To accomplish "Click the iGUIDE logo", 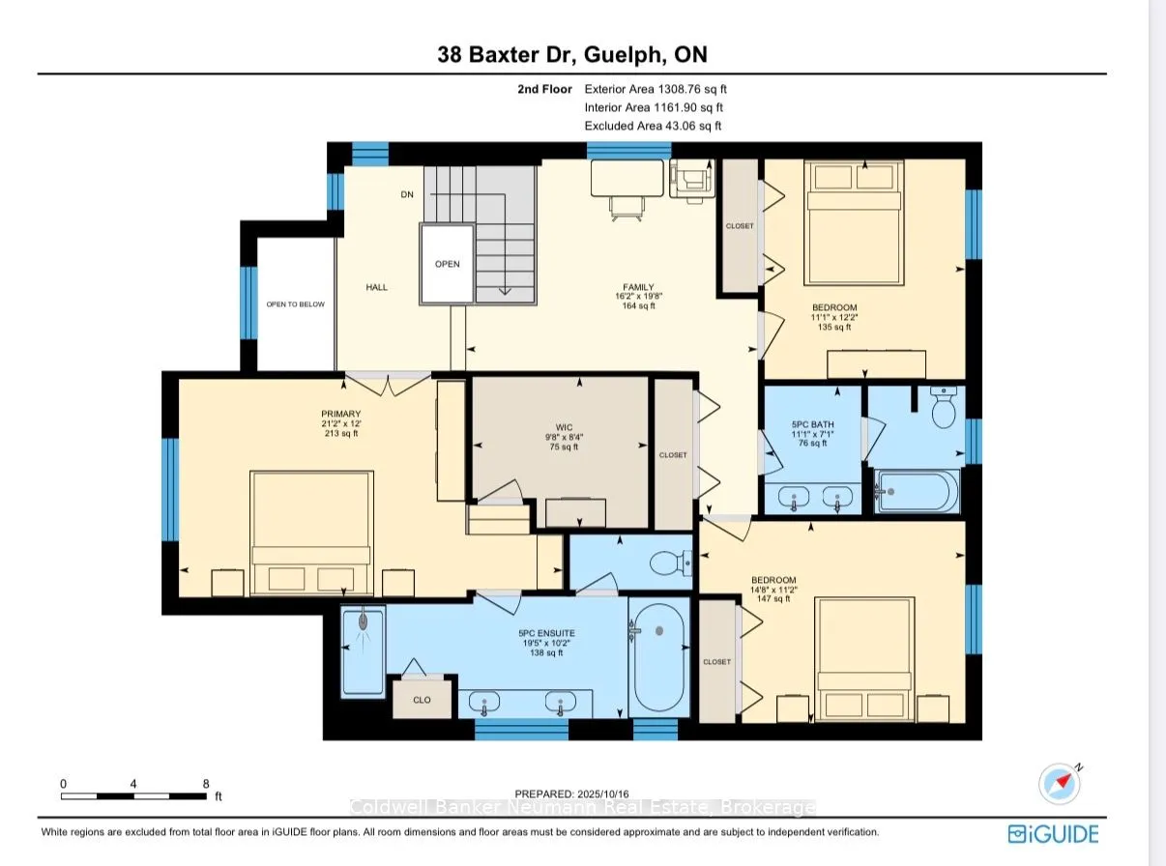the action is [x=1053, y=834].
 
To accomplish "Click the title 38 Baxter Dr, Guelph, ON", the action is [x=572, y=54].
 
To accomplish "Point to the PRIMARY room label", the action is [x=341, y=414].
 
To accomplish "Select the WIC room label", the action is [x=564, y=427].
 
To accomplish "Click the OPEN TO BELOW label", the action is [x=296, y=304].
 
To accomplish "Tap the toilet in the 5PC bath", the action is [x=944, y=408].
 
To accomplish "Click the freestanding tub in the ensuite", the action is [x=659, y=657].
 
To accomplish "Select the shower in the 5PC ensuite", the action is [x=364, y=651].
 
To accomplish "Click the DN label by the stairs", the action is [x=407, y=194].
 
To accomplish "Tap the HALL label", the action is [x=376, y=287].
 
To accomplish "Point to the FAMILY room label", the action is [x=638, y=287].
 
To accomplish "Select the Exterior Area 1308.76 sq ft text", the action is [x=656, y=89].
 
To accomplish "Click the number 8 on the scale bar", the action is [x=206, y=784].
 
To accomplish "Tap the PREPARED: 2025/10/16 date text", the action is [x=571, y=794].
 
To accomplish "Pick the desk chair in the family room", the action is [x=627, y=207].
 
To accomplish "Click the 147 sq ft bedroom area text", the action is [x=773, y=598].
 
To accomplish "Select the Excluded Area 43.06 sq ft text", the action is [x=653, y=126].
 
